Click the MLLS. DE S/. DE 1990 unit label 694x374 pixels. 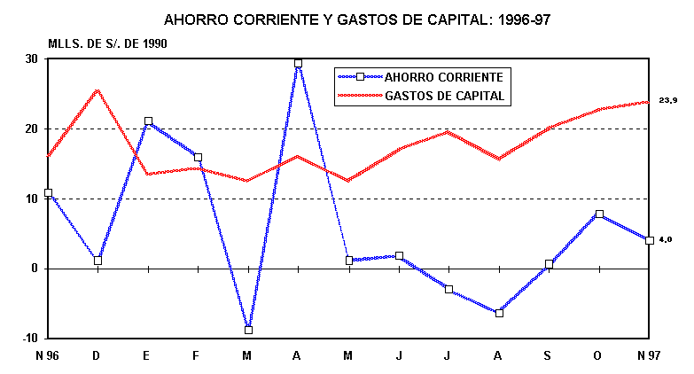[x=106, y=43]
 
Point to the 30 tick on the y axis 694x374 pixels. [x=30, y=59]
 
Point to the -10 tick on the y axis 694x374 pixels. [x=28, y=339]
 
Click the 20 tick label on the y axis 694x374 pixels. [x=30, y=129]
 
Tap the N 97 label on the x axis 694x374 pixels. [x=650, y=355]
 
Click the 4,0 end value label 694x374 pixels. [x=665, y=240]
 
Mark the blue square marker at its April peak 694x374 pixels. [x=298, y=64]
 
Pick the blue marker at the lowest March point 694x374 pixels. [x=248, y=330]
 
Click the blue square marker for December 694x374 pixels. [x=97, y=261]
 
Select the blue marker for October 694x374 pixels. [x=599, y=214]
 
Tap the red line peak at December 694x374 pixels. [x=97, y=90]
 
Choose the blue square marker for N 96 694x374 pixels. [x=48, y=192]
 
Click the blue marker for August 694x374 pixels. [x=499, y=313]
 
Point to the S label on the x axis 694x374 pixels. [x=549, y=355]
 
